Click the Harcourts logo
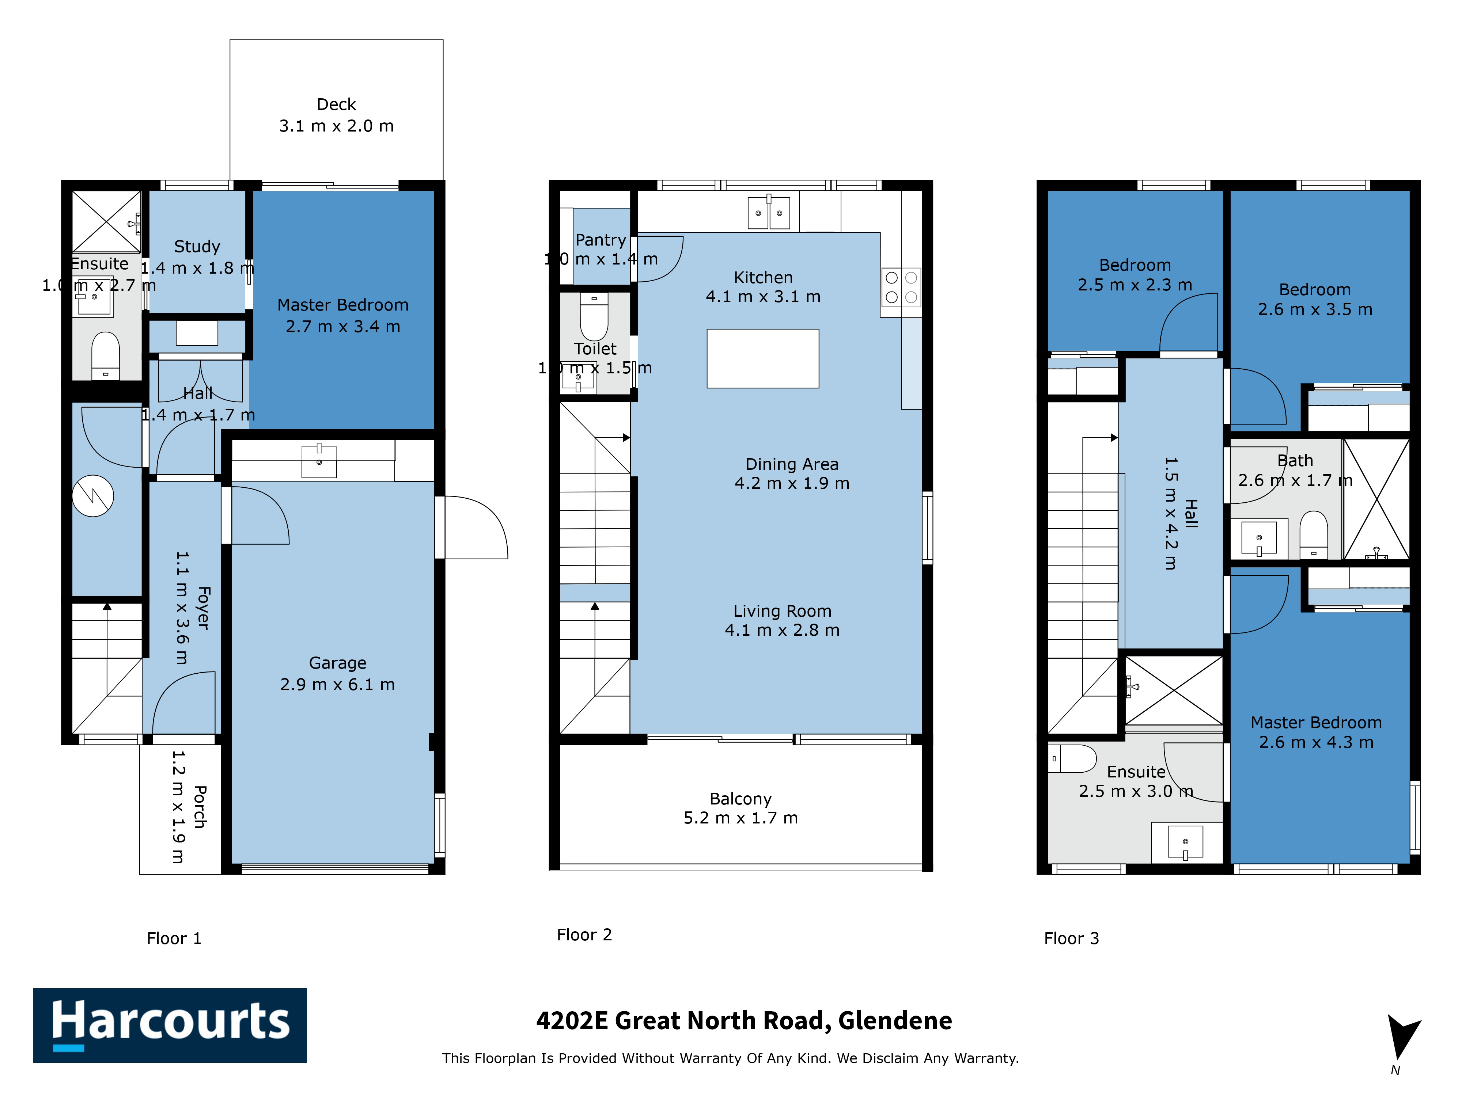pyautogui.click(x=170, y=1025)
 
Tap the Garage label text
pyautogui.click(x=338, y=673)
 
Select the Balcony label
pyautogui.click(x=741, y=808)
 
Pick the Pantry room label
pyautogui.click(x=601, y=249)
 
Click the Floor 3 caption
pyautogui.click(x=1071, y=938)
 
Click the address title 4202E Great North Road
pyautogui.click(x=744, y=1021)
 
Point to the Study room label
pyautogui.click(x=197, y=257)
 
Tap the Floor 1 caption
pyautogui.click(x=174, y=938)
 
